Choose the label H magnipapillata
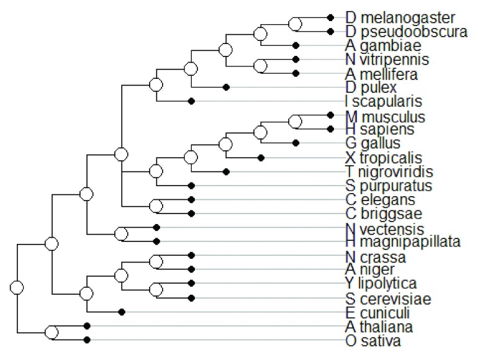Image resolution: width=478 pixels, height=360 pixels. point(403,241)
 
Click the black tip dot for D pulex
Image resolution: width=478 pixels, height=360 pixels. point(227,88)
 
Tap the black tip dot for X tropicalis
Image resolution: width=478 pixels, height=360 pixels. point(261,158)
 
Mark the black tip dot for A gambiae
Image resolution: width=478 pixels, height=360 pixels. point(296,45)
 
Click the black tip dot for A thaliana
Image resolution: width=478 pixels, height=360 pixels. point(87,325)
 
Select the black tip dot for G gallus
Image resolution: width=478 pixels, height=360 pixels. point(296,143)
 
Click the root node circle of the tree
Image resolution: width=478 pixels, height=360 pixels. point(17,287)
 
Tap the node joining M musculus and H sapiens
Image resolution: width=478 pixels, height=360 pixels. point(296,122)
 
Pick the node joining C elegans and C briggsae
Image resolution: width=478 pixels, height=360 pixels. point(157,206)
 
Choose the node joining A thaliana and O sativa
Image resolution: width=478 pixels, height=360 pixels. point(52,332)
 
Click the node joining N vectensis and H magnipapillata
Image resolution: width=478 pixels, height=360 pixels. point(122,234)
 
